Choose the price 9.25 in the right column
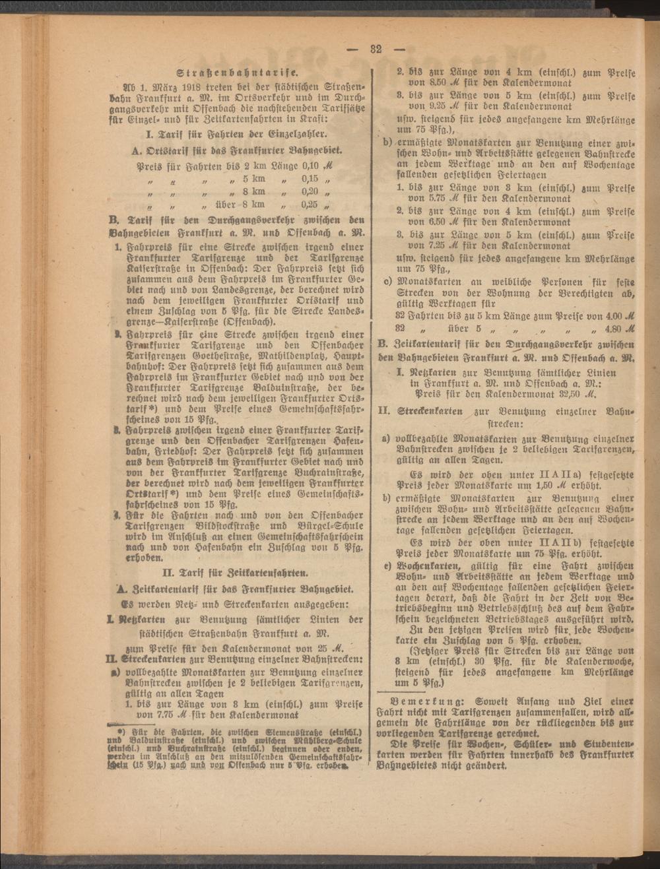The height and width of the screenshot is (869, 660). pos(422,106)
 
